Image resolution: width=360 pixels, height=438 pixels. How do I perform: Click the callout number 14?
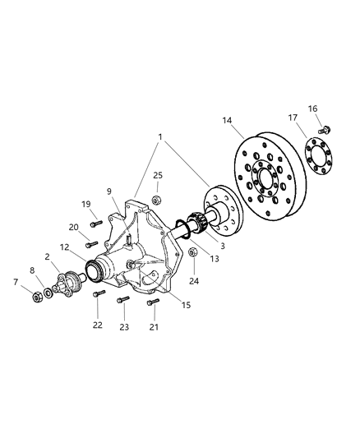(226, 120)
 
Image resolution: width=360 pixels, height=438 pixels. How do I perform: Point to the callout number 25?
(158, 176)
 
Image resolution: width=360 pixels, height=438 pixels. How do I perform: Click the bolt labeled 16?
(326, 128)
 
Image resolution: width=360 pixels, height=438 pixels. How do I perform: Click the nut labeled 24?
(192, 252)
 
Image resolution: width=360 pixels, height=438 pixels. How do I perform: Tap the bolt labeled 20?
(92, 243)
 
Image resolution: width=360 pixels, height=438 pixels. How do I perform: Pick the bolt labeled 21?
(152, 302)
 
